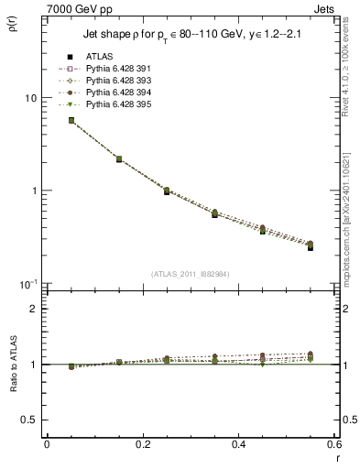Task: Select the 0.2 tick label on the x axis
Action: (x=142, y=444)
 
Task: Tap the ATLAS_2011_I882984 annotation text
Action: (x=191, y=274)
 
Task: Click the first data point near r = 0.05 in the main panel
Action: (x=71, y=120)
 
